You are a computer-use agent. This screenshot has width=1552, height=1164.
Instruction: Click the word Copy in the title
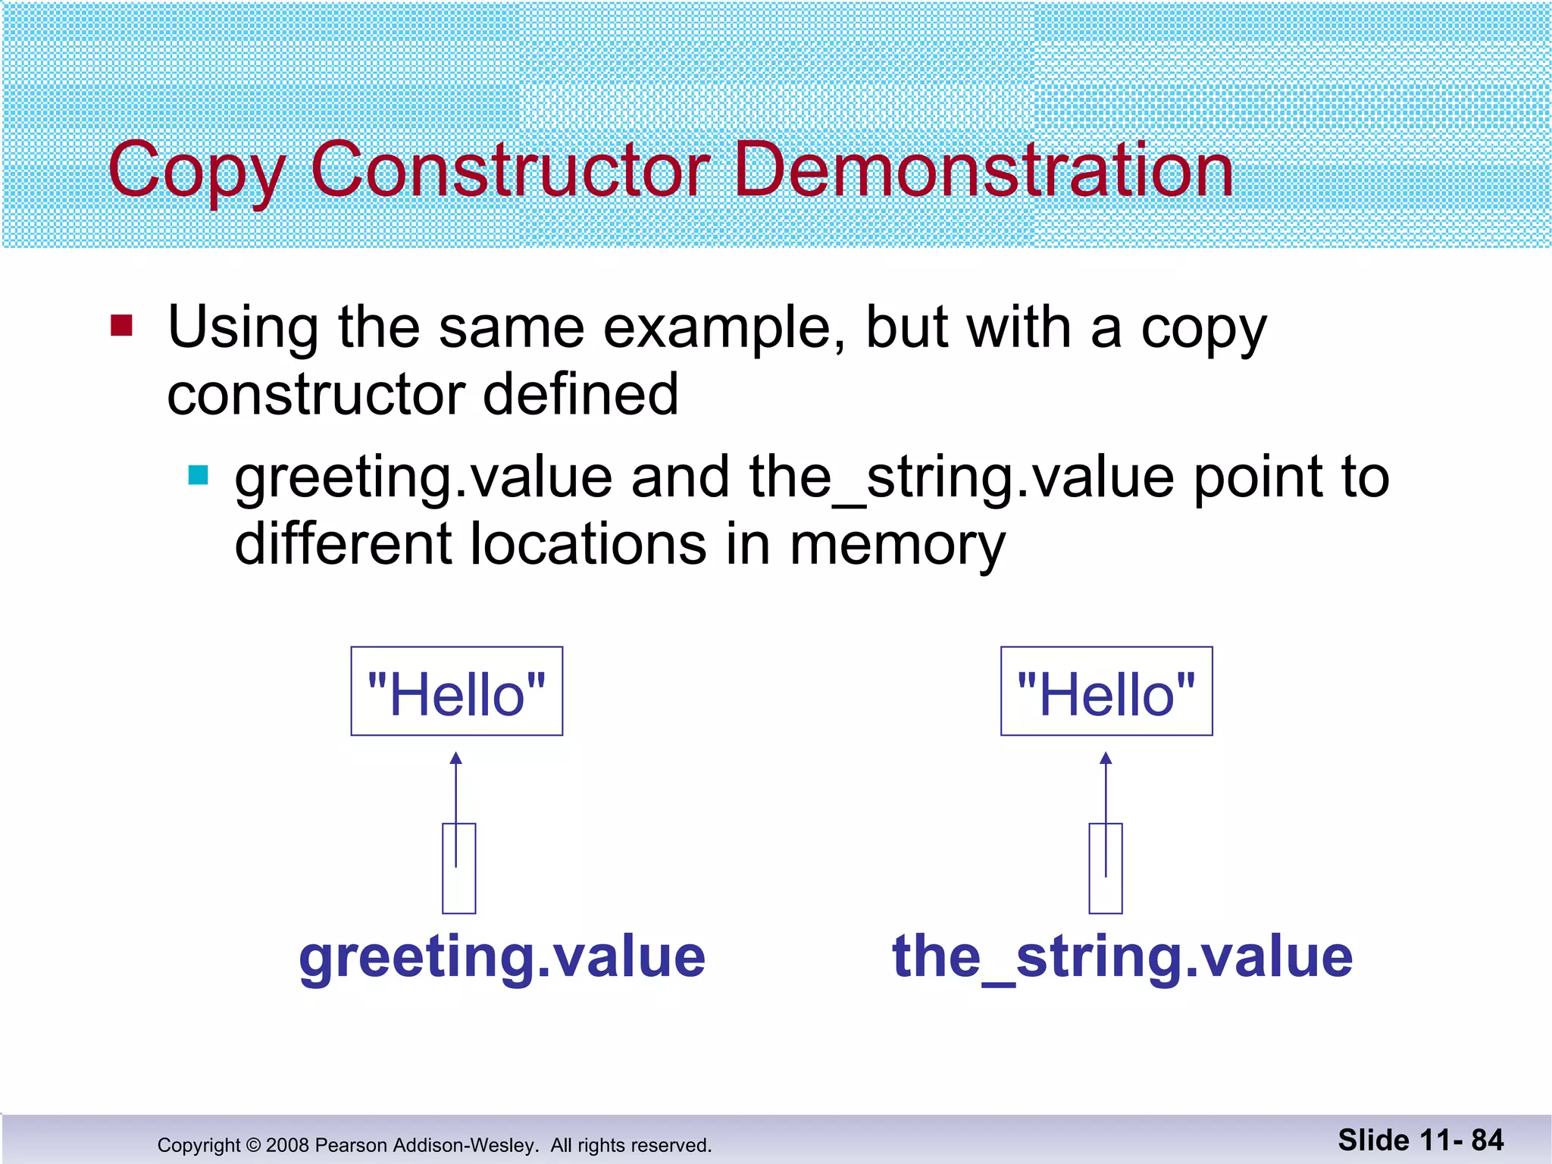[x=196, y=171]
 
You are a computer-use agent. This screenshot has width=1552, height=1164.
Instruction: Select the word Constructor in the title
[x=510, y=171]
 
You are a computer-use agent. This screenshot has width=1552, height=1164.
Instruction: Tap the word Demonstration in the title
[x=984, y=171]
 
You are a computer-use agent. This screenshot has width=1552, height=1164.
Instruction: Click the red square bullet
[x=121, y=326]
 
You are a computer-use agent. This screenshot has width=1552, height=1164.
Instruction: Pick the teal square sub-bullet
[x=198, y=475]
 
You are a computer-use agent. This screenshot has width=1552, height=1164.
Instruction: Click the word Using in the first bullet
[x=242, y=327]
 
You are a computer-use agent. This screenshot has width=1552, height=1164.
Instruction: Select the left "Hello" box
[x=456, y=691]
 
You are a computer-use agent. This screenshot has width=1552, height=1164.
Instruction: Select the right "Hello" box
[x=1106, y=691]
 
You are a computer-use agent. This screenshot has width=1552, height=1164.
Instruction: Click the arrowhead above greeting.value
[x=455, y=759]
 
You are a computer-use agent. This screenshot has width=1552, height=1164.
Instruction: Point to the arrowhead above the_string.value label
[x=1106, y=759]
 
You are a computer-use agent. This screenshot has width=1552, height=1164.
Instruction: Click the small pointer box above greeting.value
[x=459, y=868]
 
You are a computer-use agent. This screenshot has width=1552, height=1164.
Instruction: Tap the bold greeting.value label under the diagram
[x=502, y=956]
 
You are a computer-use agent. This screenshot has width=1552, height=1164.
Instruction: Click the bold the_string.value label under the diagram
[x=1122, y=956]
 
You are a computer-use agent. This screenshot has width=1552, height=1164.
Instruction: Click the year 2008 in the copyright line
[x=287, y=1145]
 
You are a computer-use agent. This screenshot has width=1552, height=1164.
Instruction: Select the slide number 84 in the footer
[x=1487, y=1140]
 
